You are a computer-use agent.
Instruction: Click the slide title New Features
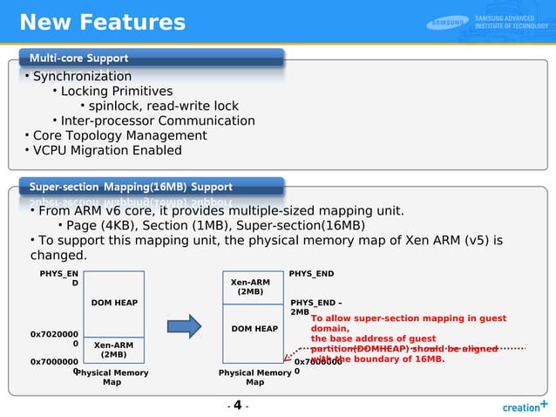pos(102,22)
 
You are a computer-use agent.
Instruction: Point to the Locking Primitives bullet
pos(116,92)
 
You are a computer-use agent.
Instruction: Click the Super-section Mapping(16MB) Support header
pos(131,187)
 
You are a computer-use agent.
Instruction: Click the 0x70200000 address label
pos(54,338)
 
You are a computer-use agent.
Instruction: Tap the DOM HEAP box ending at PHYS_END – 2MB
pos(254,329)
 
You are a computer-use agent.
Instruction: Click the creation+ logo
pos(525,406)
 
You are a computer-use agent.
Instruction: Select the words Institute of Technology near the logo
pos(512,26)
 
